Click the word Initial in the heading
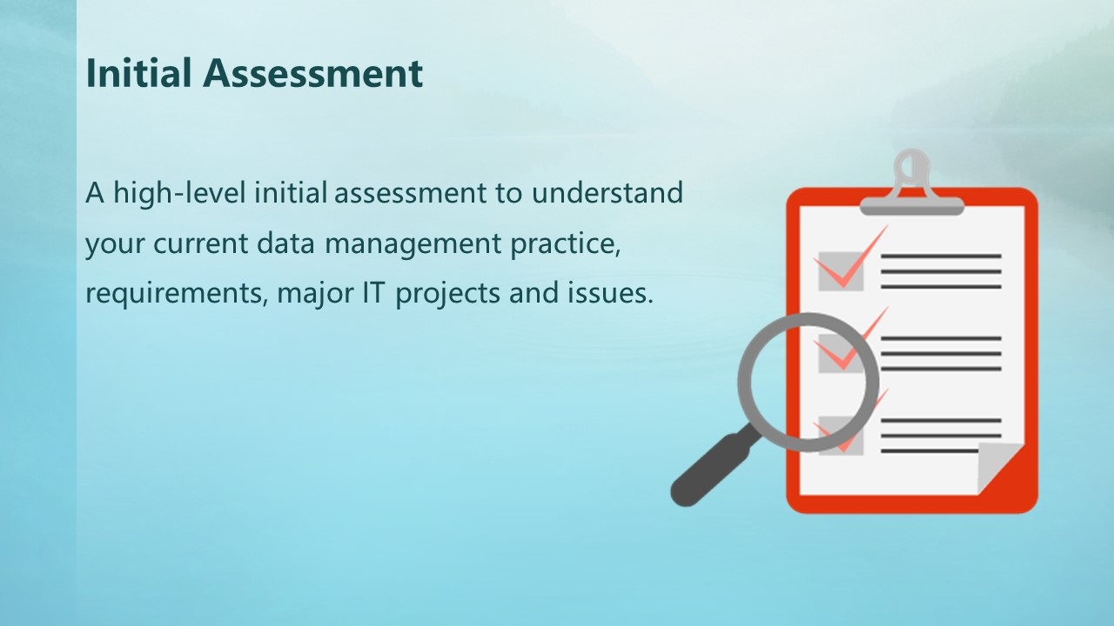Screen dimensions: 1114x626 point(138,73)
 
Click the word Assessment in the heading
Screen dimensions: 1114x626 point(312,73)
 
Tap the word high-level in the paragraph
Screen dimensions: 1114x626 point(179,194)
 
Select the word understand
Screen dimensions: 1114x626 point(607,193)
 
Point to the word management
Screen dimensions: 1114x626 point(413,244)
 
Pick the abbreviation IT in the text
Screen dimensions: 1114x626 point(373,292)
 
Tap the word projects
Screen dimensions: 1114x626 point(447,294)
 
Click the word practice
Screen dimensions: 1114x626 point(566,244)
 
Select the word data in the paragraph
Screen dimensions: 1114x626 point(285,243)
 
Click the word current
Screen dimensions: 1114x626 point(200,244)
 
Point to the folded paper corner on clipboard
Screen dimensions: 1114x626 point(997,466)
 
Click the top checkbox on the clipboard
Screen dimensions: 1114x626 point(841,271)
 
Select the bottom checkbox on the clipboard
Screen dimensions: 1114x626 point(841,436)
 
